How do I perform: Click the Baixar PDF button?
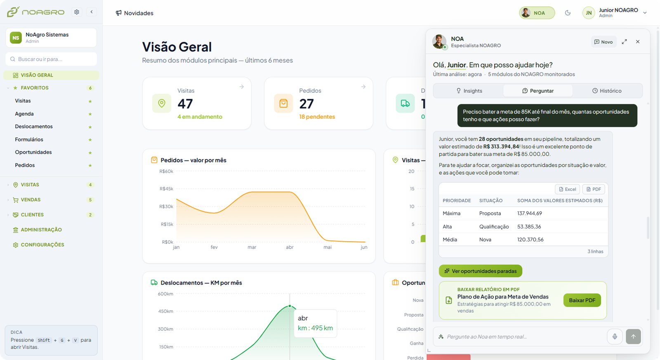tap(582, 300)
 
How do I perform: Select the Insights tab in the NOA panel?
tap(469, 91)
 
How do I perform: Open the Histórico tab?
tap(607, 91)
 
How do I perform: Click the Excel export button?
tap(567, 189)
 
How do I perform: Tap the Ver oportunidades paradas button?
tap(480, 271)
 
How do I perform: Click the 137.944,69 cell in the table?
tap(530, 213)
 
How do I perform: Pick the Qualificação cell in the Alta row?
tap(494, 226)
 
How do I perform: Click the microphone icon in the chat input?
tap(615, 336)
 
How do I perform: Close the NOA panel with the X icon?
tap(638, 42)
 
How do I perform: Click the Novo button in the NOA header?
tap(603, 42)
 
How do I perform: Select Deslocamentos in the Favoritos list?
tap(34, 126)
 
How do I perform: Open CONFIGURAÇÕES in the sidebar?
tap(42, 245)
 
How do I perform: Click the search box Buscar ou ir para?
tap(51, 59)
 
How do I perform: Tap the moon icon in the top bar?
tap(568, 13)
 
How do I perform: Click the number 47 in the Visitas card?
tap(185, 104)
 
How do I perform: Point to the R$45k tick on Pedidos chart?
tap(166, 189)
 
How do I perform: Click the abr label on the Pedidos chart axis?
tap(290, 247)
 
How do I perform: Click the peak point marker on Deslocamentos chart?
tap(290, 306)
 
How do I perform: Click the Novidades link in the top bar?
tap(134, 13)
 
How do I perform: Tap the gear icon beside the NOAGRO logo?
tap(77, 12)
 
